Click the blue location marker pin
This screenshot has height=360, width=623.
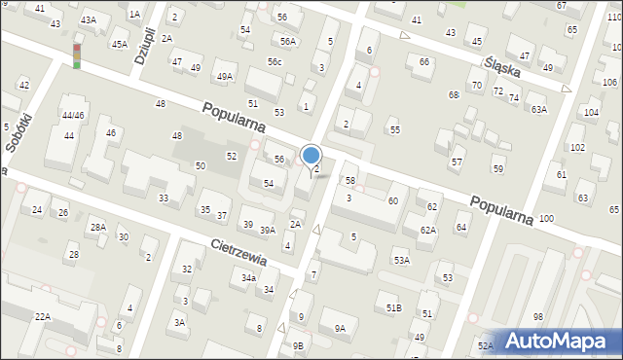[311, 157]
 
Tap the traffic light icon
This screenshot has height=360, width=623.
[77, 55]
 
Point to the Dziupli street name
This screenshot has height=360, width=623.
[143, 45]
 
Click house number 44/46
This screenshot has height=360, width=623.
[73, 116]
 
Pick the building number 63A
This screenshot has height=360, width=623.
[538, 110]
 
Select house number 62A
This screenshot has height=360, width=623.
[427, 230]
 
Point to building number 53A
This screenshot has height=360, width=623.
[401, 261]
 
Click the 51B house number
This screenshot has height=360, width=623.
[393, 308]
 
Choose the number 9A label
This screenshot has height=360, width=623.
[340, 329]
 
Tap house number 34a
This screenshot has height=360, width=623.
[249, 278]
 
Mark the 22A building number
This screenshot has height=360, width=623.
[43, 317]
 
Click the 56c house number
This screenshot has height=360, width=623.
[275, 61]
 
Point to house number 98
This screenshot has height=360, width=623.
[537, 317]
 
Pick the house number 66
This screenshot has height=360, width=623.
[423, 61]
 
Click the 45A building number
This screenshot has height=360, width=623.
[119, 44]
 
